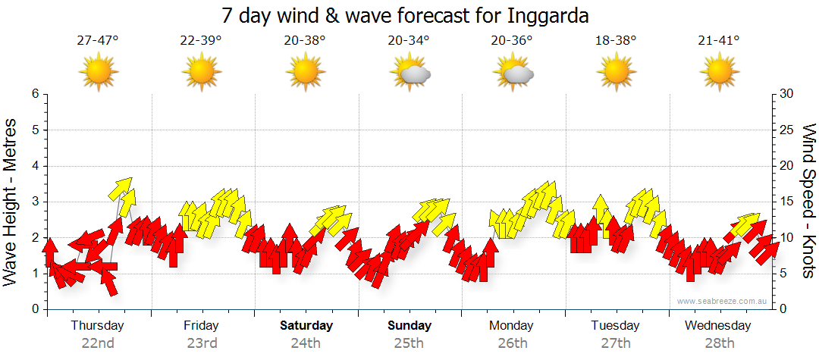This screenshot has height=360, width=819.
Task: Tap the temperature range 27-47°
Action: (x=98, y=41)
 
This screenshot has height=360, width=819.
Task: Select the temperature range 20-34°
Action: (x=409, y=41)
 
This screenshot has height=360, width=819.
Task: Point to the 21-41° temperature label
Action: (x=719, y=41)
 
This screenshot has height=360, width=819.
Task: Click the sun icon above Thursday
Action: (x=98, y=72)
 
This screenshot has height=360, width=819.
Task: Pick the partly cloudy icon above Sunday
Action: (x=409, y=73)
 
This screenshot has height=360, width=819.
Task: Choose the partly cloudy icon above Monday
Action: (x=513, y=73)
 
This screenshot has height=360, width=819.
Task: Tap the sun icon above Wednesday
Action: (x=719, y=72)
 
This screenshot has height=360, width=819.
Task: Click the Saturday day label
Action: (x=306, y=326)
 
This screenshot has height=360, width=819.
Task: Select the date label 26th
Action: (x=513, y=343)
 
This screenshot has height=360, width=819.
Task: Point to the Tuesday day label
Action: (x=615, y=326)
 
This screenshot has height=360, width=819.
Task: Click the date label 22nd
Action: (x=98, y=343)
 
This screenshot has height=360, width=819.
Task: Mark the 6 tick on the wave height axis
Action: (x=35, y=94)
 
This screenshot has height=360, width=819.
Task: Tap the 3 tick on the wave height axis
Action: (x=35, y=202)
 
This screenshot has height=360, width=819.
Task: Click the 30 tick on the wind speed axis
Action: (x=786, y=94)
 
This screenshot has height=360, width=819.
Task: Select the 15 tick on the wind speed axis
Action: (x=786, y=202)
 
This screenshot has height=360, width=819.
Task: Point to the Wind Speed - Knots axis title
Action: (x=808, y=201)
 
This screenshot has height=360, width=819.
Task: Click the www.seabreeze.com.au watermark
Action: (x=723, y=301)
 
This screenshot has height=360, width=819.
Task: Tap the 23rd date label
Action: (x=202, y=343)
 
